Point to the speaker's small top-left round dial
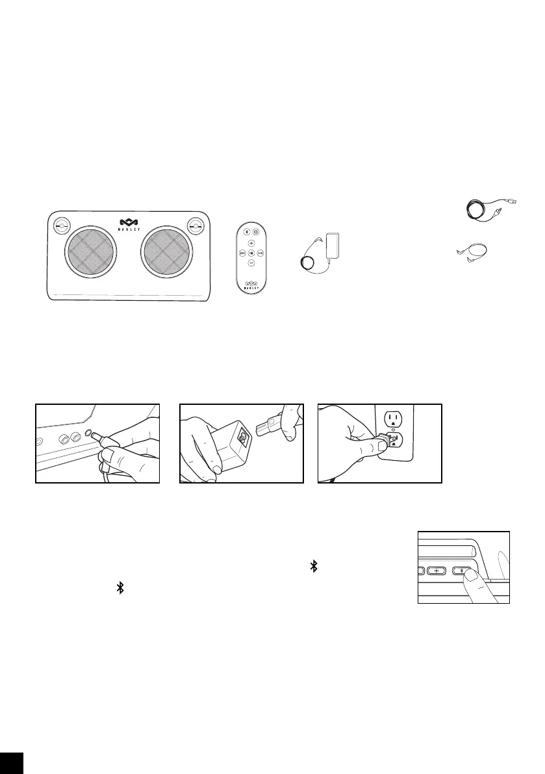click(x=60, y=226)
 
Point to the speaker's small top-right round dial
click(x=196, y=226)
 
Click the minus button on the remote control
click(x=251, y=263)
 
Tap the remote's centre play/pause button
click(x=251, y=253)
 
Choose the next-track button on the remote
click(x=260, y=253)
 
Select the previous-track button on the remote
click(x=242, y=253)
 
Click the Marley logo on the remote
click(x=251, y=283)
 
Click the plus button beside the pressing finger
click(x=436, y=571)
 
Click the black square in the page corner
click(x=12, y=762)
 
